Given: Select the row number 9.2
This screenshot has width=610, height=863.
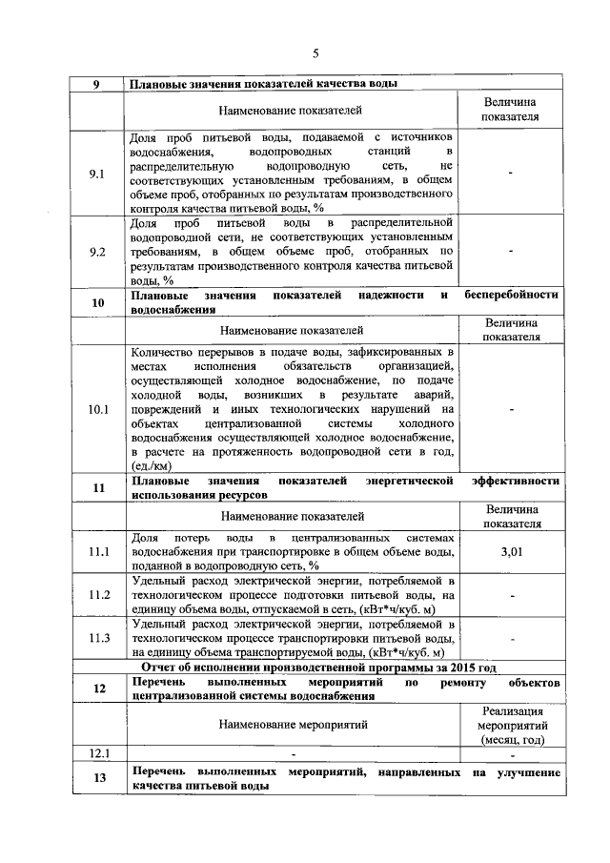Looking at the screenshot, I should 97,252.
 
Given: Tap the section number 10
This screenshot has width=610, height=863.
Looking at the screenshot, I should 97,302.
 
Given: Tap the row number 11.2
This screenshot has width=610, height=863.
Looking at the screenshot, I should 97,595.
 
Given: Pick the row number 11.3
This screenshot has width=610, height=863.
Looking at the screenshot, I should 97,638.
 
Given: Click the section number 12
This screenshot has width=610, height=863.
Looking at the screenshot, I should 97,688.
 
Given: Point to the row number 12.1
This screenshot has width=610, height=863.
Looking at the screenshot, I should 97,754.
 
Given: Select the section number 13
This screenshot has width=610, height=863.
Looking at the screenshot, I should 97,778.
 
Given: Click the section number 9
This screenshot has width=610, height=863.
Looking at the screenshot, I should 97,83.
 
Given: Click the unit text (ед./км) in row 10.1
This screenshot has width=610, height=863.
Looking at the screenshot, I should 152,466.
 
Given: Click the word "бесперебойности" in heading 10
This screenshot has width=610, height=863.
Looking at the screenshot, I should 512,296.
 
